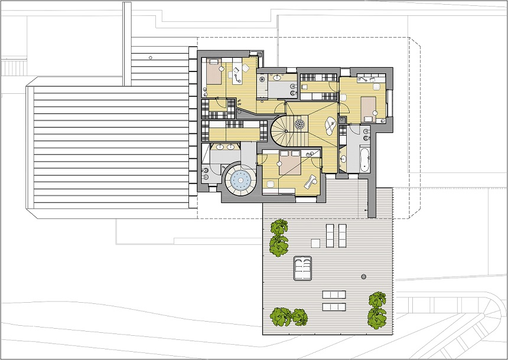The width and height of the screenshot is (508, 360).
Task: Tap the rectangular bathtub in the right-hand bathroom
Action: (x=363, y=159)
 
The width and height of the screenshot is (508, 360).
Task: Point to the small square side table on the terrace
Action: (x=315, y=243)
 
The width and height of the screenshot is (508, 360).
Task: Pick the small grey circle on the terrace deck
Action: (x=364, y=276)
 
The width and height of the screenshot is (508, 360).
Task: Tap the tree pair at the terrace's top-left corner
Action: (x=279, y=237)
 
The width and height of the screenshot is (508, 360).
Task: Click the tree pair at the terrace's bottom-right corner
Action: (x=377, y=309)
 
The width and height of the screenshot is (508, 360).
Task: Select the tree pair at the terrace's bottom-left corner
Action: (x=289, y=317)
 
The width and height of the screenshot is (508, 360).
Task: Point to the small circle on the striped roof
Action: (x=151, y=57)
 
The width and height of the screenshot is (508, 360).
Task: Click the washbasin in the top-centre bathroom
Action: (x=276, y=76)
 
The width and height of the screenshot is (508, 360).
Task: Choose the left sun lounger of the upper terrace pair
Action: (x=330, y=235)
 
